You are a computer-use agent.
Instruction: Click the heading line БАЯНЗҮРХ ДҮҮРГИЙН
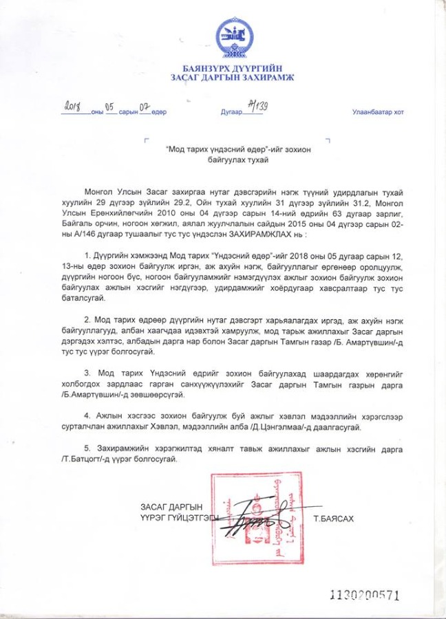[x=232, y=67]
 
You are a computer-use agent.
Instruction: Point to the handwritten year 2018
[x=74, y=107]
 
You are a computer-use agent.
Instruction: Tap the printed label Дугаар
[x=231, y=111]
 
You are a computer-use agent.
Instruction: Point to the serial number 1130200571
[x=365, y=596]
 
